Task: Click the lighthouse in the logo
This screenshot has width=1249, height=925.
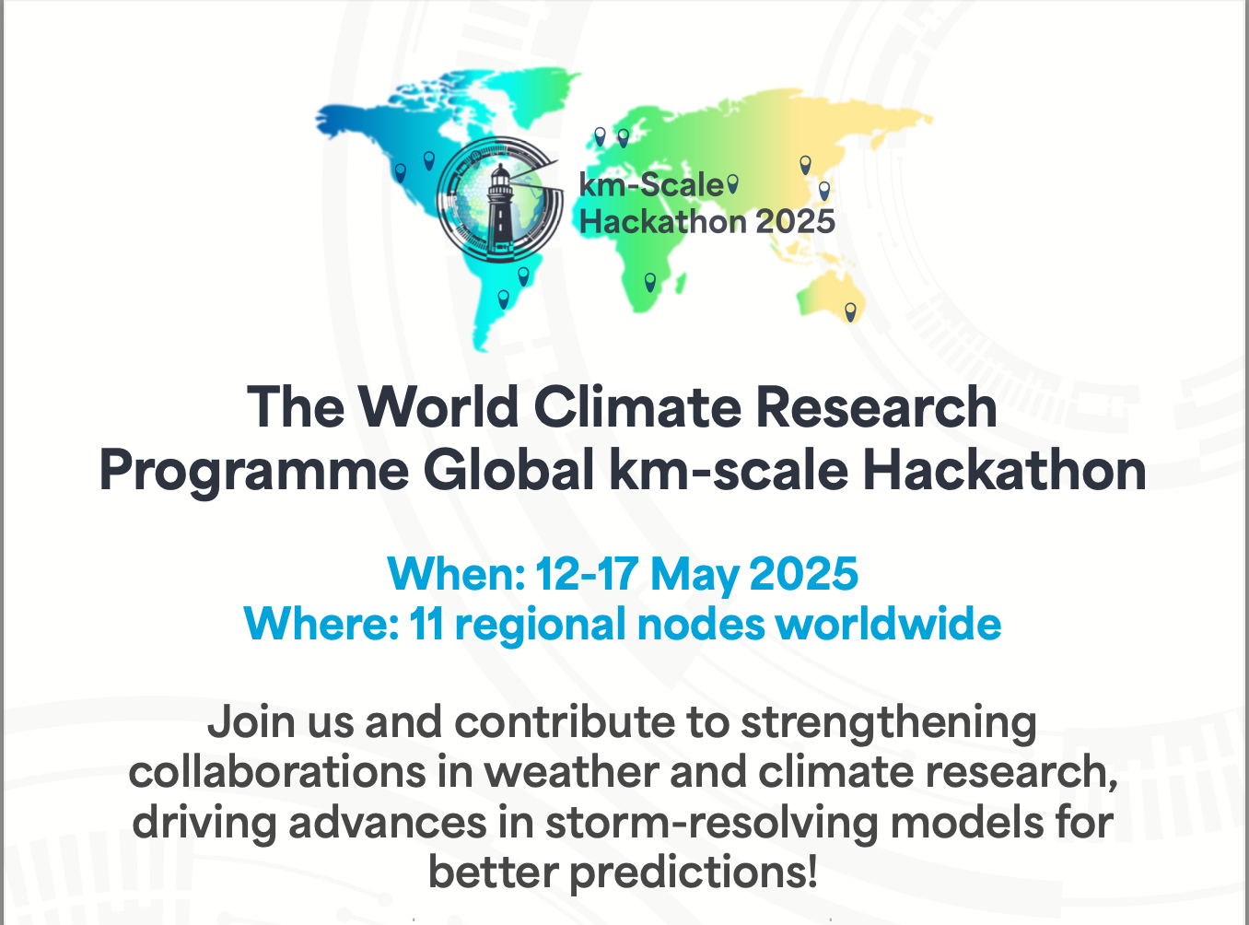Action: (x=499, y=208)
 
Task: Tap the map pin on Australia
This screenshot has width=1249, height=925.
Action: (x=850, y=311)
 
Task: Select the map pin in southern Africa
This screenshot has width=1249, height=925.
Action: (x=650, y=282)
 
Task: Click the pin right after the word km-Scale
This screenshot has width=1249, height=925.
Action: (x=732, y=183)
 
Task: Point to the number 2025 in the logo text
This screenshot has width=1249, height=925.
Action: (x=795, y=221)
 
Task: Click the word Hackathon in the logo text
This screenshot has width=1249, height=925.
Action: (x=663, y=221)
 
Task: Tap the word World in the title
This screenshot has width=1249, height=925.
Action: (x=438, y=406)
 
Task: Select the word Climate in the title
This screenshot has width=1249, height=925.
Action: (x=636, y=406)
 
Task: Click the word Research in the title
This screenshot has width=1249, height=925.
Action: (x=876, y=406)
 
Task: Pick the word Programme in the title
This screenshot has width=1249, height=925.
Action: (x=254, y=472)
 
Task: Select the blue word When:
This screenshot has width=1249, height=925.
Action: (x=456, y=573)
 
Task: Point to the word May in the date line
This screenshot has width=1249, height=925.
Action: (x=694, y=577)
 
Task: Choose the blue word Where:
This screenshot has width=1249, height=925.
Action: (x=321, y=624)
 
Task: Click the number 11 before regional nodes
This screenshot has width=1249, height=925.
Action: (x=426, y=624)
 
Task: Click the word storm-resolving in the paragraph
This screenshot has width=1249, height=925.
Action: (x=711, y=825)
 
